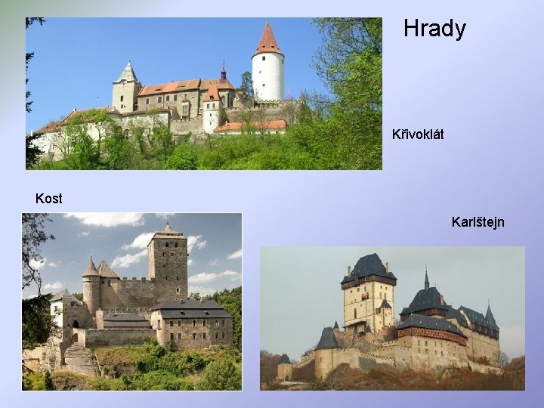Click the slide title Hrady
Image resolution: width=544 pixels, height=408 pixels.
[434, 29]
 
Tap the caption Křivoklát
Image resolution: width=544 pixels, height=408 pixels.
[418, 134]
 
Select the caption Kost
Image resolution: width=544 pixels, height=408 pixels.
[49, 199]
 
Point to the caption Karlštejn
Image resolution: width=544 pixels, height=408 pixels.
[478, 222]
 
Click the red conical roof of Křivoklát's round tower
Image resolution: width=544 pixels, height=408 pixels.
[267, 40]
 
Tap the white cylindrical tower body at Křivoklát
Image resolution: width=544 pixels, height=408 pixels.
[267, 76]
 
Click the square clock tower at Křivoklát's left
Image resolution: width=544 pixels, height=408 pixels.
[126, 91]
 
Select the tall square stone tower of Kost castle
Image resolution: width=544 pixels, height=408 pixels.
[168, 268]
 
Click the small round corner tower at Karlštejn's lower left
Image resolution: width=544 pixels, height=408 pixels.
[284, 368]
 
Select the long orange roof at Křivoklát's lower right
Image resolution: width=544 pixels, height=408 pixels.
[250, 126]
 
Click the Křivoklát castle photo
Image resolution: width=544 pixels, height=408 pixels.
[203, 94]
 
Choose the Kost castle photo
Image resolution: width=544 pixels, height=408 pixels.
[131, 301]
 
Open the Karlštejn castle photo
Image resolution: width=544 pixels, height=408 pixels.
[392, 318]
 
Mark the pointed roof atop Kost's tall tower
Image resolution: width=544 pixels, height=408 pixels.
[168, 230]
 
